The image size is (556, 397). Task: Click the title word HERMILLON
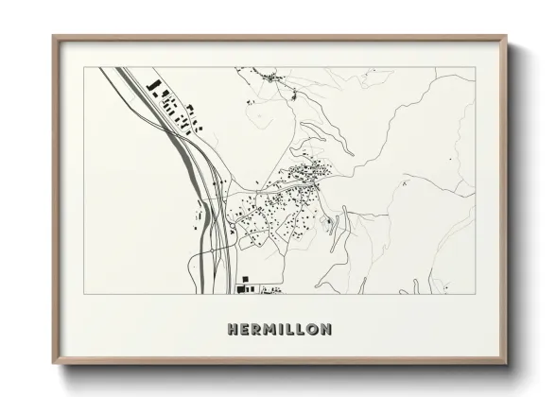click(x=279, y=330)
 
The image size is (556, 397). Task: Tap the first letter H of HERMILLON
click(x=233, y=330)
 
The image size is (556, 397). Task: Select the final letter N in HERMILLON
click(x=325, y=330)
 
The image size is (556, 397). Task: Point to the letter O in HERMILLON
click(x=313, y=330)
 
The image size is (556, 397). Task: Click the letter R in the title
click(x=256, y=330)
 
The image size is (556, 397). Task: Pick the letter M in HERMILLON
click(x=269, y=330)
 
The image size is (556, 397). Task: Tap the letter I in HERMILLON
click(x=281, y=330)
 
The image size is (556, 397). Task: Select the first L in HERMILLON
click(x=289, y=330)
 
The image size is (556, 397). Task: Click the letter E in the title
click(x=245, y=330)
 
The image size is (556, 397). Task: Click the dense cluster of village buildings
click(x=308, y=174)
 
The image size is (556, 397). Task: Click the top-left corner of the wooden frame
click(x=54, y=38)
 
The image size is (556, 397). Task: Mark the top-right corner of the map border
click(x=476, y=67)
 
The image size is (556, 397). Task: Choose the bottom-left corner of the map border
click(x=85, y=294)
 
